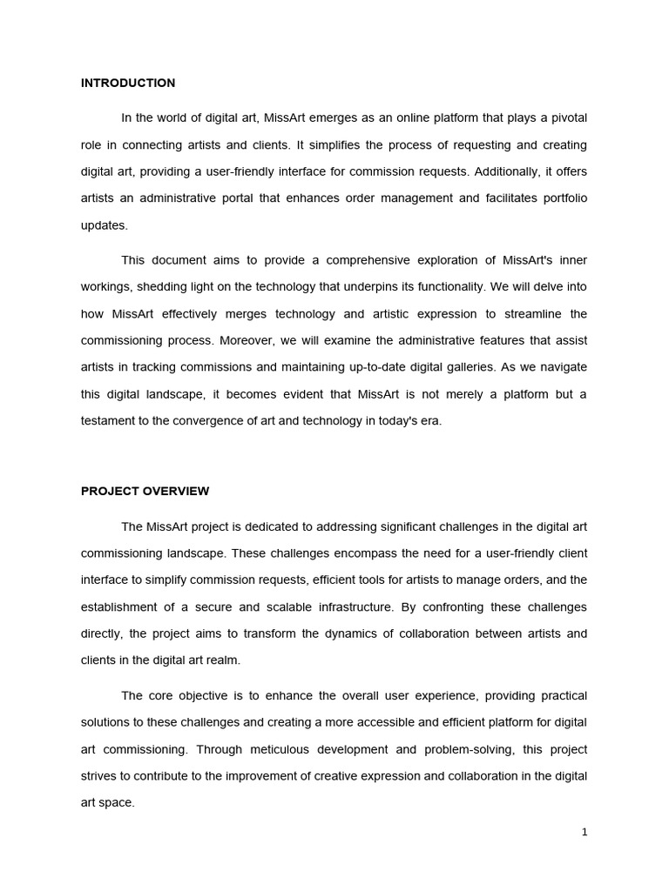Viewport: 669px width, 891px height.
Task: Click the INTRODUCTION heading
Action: pyautogui.click(x=128, y=84)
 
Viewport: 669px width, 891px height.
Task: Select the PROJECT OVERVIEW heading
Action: pyautogui.click(x=145, y=491)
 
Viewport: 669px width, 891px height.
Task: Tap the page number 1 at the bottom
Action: pyautogui.click(x=585, y=832)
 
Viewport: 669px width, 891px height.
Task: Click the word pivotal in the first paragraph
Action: pyautogui.click(x=568, y=117)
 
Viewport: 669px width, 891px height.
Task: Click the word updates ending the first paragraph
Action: pyautogui.click(x=104, y=225)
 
